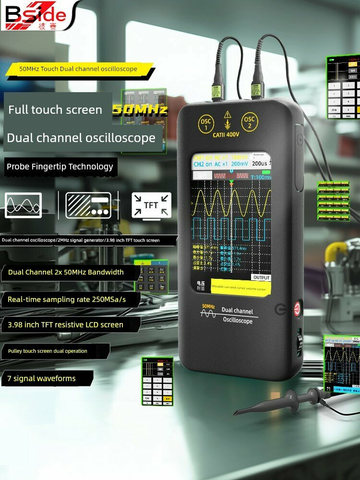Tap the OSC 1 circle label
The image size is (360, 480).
coord(205,124)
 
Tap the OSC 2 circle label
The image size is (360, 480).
coord(250,122)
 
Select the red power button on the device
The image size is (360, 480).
coord(297,309)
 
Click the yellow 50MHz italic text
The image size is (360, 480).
coord(140,110)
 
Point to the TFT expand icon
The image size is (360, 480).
coord(151,205)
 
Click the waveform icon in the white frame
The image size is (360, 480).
coord(23,205)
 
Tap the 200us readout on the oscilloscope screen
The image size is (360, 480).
coord(260,164)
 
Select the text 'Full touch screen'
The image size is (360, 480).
coord(55,110)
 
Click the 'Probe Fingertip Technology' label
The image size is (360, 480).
coord(60,167)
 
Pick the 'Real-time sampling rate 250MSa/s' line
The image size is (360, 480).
coord(67,299)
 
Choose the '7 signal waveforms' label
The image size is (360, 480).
coord(42,378)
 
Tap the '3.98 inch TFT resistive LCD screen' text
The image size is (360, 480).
coord(66,324)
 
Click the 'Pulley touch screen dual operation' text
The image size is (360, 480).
coord(48,351)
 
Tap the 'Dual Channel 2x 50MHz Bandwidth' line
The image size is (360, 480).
coord(66,272)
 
